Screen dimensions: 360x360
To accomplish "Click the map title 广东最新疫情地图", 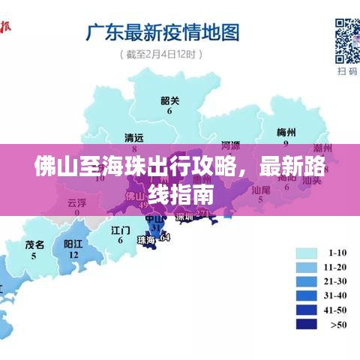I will (163, 33).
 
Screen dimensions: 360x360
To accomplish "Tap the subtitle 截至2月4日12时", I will (160, 54).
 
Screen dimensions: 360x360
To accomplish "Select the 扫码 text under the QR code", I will (347, 71).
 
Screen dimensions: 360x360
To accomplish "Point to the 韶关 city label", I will (169, 100).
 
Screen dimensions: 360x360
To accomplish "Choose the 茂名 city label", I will (34, 244).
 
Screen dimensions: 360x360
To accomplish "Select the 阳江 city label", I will (73, 244).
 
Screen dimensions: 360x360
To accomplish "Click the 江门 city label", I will (121, 229).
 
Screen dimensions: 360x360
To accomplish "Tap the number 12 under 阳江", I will (73, 255).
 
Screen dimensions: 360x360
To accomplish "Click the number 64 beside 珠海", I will (165, 238).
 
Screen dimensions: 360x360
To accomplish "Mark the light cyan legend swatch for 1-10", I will (307, 253).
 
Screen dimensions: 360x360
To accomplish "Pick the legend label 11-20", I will (337, 267).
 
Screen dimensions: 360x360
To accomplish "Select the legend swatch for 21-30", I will (307, 281).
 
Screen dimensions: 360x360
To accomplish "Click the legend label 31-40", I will (337, 295).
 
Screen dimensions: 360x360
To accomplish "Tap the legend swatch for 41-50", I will (307, 310).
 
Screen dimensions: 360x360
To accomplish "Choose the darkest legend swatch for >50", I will (307, 324).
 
